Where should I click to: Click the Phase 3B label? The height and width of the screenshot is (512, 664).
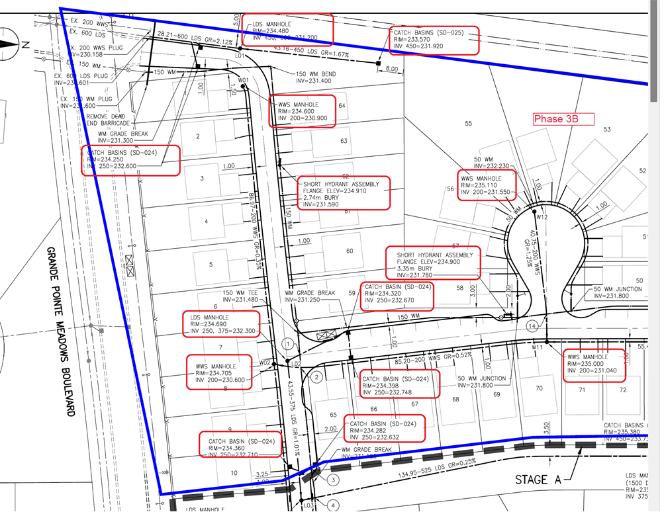[x=564, y=119]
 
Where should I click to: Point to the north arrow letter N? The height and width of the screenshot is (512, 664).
[x=25, y=45]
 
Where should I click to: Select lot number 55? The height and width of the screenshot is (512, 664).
[x=469, y=124]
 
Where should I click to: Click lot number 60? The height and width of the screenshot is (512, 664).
[x=350, y=251]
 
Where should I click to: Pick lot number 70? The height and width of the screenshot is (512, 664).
[x=539, y=388]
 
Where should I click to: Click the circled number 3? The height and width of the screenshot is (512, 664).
[x=334, y=480]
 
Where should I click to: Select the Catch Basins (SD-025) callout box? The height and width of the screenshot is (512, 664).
[x=434, y=40]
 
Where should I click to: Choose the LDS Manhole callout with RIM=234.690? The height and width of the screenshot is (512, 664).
[x=221, y=323]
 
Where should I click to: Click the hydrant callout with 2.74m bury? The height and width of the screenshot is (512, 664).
[x=343, y=192]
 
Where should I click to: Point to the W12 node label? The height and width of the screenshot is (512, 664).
[x=543, y=217]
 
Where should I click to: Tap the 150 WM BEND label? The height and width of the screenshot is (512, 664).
[x=315, y=77]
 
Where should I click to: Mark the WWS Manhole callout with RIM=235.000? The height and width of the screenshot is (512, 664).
[x=594, y=365]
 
